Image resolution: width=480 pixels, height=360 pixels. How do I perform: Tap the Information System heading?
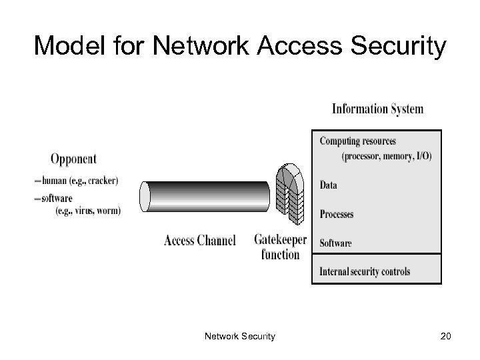click(x=377, y=109)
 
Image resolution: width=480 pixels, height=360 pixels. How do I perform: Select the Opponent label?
click(x=73, y=159)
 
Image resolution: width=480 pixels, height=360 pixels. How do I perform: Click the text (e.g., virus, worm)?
click(x=88, y=210)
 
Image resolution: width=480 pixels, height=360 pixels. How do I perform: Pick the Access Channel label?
click(x=199, y=241)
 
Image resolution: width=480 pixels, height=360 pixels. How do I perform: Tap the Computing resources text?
click(x=357, y=141)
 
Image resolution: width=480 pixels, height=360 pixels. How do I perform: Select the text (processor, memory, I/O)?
click(x=386, y=156)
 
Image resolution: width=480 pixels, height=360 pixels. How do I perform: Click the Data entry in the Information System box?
click(x=329, y=185)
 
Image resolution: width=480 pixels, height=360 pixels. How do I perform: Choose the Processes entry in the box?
click(x=337, y=214)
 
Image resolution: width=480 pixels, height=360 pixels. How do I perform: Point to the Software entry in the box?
click(x=335, y=243)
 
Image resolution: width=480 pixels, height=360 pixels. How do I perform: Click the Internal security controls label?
click(x=365, y=271)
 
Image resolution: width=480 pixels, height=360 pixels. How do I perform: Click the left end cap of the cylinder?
click(x=145, y=196)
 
